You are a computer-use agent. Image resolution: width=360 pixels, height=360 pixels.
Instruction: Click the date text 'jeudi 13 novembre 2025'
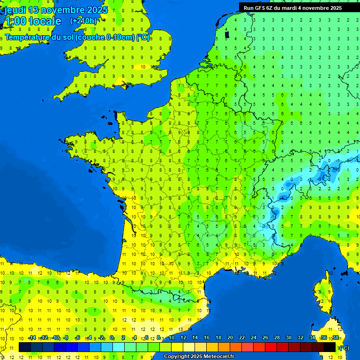56,10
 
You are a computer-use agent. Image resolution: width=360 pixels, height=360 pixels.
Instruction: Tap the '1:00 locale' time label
33,21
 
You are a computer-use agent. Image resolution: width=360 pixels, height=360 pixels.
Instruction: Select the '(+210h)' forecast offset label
83,21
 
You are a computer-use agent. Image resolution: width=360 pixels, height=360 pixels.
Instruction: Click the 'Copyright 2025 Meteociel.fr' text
199,357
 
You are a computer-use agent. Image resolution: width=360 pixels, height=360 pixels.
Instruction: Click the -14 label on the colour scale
32,338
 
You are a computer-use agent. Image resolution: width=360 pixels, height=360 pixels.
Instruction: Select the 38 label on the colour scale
335,338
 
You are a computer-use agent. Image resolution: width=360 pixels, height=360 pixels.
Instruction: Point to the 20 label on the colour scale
230,338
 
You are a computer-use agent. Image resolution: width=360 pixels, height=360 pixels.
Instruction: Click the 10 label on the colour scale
171,338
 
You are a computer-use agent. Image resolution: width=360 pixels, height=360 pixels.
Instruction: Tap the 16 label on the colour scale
206,338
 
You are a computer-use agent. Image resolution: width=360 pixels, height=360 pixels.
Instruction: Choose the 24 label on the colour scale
253,338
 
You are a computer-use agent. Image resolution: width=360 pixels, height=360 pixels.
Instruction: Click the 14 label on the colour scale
195,338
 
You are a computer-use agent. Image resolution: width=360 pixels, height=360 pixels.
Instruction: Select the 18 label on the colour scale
218,338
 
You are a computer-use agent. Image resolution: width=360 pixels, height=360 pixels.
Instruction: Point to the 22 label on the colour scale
241,338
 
